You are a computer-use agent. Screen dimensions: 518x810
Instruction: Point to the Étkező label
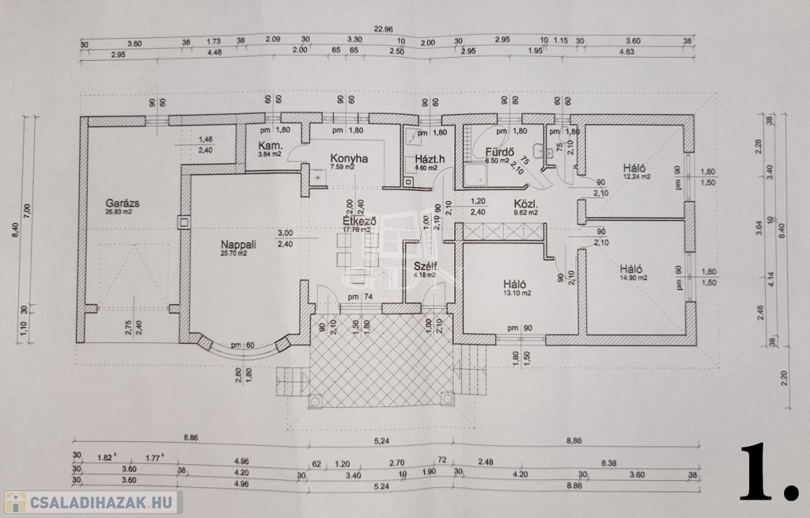(x=358, y=221)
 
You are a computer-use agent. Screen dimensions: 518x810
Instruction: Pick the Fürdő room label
(x=501, y=151)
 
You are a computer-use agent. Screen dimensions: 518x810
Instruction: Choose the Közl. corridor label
(x=525, y=204)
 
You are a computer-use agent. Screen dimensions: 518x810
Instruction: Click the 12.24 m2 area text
(x=635, y=177)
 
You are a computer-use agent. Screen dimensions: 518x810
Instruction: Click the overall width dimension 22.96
(x=385, y=29)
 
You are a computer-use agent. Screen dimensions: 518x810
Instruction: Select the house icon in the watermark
(x=14, y=502)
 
